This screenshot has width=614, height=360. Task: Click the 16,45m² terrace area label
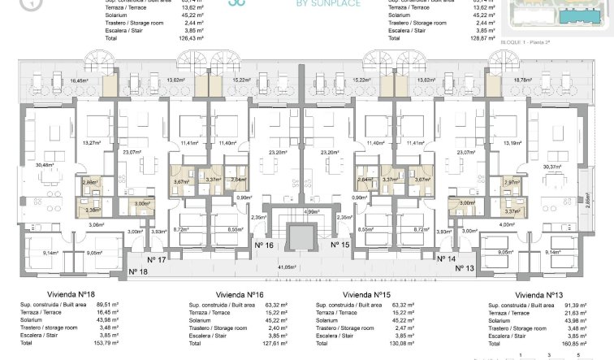pyautogui.click(x=79, y=81)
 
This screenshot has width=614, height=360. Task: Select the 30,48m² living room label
pyautogui.click(x=46, y=166)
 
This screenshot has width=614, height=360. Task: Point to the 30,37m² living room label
pyautogui.click(x=563, y=166)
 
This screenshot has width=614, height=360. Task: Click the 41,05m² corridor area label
pyautogui.click(x=308, y=267)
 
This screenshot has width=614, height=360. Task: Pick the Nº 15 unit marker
pyautogui.click(x=339, y=245)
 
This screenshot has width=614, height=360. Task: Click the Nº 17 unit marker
pyautogui.click(x=157, y=260)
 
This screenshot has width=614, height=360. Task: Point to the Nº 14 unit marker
pyautogui.click(x=448, y=260)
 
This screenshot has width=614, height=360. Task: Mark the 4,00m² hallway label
pyautogui.click(x=508, y=224)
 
